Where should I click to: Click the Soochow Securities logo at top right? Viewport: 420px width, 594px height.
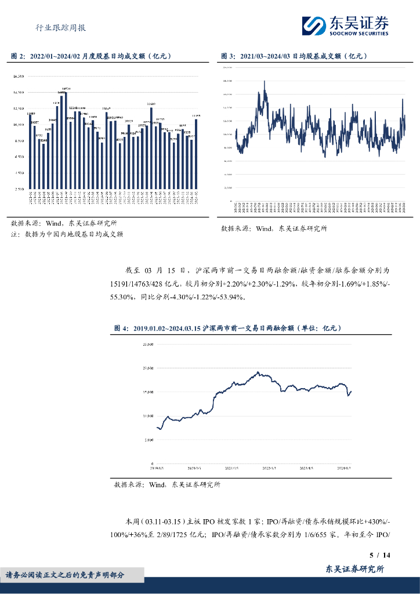coord(345,26)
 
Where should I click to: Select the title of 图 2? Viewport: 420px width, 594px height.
coord(90,56)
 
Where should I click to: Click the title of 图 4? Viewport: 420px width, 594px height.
coord(227,328)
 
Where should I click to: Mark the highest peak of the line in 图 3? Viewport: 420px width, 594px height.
coord(265,82)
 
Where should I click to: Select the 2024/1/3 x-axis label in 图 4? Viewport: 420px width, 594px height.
coord(345,467)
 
